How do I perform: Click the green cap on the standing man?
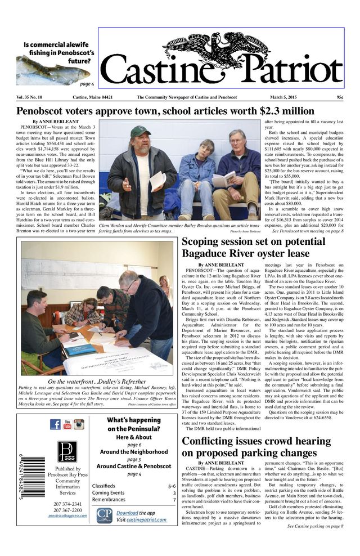pyautogui.click(x=140, y=132)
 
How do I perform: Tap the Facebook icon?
pyautogui.click(x=55, y=424)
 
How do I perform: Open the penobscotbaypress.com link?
pyautogui.click(x=67, y=515)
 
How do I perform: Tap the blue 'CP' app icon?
pyautogui.click(x=104, y=515)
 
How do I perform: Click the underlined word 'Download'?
pyautogui.click(x=127, y=513)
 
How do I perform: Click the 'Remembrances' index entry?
pyautogui.click(x=109, y=500)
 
